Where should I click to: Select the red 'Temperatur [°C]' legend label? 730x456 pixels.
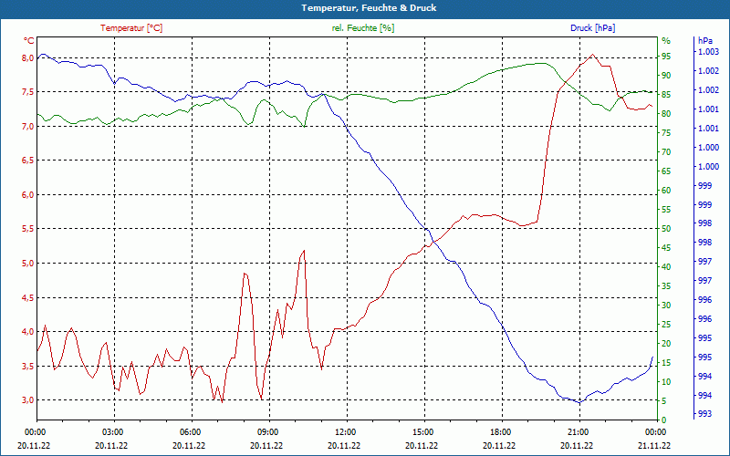point(131,28)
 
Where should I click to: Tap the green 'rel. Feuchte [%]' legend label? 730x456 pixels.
point(363,28)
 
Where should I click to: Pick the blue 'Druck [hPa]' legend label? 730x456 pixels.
point(592,28)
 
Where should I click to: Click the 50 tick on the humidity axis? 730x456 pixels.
point(666,228)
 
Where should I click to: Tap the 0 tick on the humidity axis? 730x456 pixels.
point(663,420)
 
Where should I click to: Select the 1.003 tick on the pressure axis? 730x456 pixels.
point(707,52)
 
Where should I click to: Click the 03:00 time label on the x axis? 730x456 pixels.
point(112,431)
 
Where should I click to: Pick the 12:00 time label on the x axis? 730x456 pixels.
point(345,431)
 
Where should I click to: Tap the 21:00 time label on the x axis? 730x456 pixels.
point(578,431)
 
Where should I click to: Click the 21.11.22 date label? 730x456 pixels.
point(654,445)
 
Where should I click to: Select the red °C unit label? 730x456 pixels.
point(29,41)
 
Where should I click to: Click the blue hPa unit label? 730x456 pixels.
point(705,41)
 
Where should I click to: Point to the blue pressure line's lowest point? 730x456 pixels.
point(579,402)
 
